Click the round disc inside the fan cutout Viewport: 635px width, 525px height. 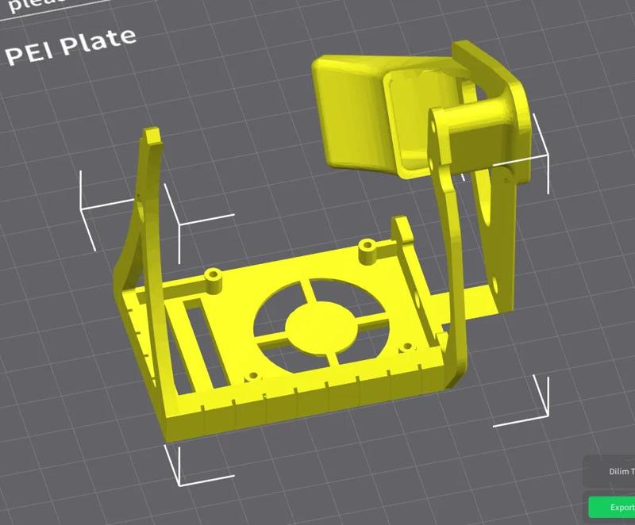pyautogui.click(x=317, y=325)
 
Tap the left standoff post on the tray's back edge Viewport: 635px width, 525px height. pyautogui.click(x=213, y=278)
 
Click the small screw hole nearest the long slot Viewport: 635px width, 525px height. pyautogui.click(x=252, y=375)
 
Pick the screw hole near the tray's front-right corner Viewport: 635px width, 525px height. pyautogui.click(x=406, y=348)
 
